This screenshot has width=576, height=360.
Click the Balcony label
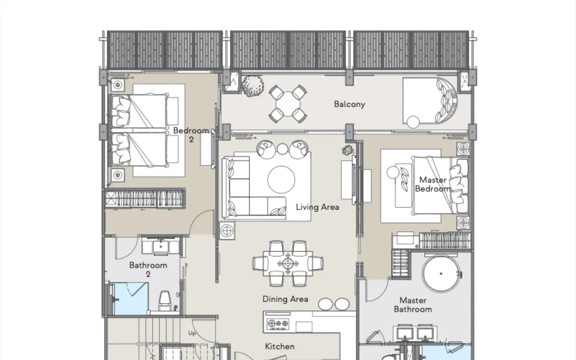[350, 104]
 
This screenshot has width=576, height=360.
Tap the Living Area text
[317, 207]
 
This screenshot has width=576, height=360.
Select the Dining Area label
[286, 299]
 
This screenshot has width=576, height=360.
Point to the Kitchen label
[280, 346]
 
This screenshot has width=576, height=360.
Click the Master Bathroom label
[413, 305]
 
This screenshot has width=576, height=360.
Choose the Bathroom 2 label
[148, 270]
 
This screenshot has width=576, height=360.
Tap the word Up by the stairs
[192, 333]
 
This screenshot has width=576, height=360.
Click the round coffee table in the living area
[281, 180]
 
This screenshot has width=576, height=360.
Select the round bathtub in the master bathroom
[441, 274]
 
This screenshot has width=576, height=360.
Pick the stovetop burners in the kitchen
[278, 324]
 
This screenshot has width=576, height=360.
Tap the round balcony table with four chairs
[288, 104]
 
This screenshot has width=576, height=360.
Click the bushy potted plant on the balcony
[253, 86]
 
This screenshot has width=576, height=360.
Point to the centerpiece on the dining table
[288, 264]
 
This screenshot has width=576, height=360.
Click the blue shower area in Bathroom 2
[131, 299]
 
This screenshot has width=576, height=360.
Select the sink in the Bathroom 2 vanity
[161, 246]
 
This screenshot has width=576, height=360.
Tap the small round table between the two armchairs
[282, 149]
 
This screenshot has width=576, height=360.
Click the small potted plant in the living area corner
[348, 150]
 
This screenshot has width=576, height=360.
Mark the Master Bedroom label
[433, 184]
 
